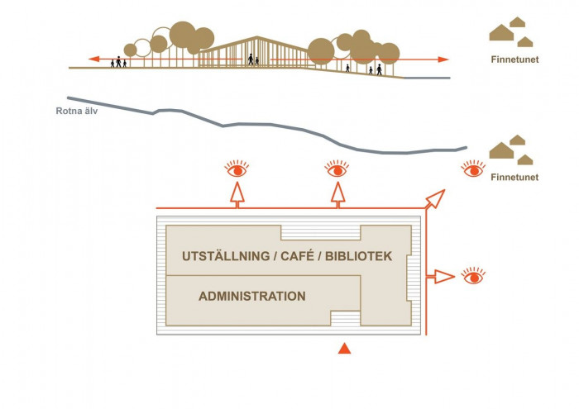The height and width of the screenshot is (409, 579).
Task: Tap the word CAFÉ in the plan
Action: (299, 257)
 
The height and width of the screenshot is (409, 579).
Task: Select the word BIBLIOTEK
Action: (357, 257)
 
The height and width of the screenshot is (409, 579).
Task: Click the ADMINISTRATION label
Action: (251, 296)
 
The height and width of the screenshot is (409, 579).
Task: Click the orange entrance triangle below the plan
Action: (346, 350)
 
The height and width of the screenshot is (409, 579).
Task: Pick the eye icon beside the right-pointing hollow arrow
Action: (472, 276)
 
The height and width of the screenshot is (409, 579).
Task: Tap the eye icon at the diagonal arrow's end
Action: (472, 169)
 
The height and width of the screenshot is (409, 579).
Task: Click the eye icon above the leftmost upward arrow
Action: (237, 169)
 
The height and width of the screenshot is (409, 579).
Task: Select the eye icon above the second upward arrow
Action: (336, 169)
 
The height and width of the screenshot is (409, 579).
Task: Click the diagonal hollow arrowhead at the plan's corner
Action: (436, 199)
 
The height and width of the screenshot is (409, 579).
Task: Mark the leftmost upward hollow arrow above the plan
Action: (237, 193)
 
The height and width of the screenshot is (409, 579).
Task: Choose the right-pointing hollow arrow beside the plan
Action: (445, 276)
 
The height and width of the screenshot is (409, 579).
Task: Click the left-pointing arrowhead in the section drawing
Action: (95, 59)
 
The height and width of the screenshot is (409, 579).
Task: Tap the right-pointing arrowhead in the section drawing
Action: (443, 59)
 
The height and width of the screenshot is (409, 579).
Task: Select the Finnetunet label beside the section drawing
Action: (514, 59)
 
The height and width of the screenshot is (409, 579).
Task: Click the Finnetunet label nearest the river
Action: (514, 178)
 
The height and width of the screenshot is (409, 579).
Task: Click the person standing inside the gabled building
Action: (251, 59)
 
